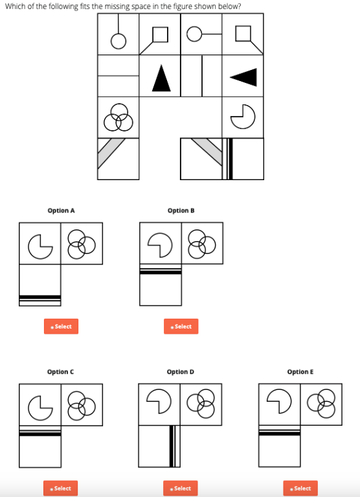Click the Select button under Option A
coord(61,326)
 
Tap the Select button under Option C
coord(60,488)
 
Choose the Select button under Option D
coord(181,488)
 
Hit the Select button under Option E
coord(300,488)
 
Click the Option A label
coord(61,211)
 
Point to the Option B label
coord(181,211)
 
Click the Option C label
coord(60,371)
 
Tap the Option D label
coord(181,371)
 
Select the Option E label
coord(300,371)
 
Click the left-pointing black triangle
coord(245,77)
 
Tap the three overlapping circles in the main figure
coord(118,117)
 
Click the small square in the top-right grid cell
coord(243,33)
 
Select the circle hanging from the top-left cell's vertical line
coord(118,41)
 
